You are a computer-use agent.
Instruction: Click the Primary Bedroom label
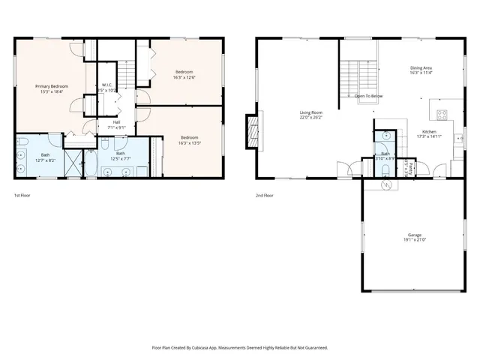pos(52,86)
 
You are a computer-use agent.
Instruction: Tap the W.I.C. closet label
pos(107,85)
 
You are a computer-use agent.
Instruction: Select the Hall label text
pos(116,122)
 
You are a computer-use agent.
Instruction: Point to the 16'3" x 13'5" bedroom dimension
pos(189,142)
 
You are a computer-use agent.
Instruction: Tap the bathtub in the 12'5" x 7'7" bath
pos(91,163)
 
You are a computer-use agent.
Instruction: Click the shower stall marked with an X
pos(73,161)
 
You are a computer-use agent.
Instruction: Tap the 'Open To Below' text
pos(369,96)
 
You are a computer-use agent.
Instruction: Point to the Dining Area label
pos(421,67)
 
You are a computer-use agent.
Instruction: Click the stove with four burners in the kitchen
pos(442,115)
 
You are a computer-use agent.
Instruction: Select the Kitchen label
pos(429,131)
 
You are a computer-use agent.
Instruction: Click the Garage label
pos(415,235)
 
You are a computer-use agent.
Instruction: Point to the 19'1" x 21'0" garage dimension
pos(415,241)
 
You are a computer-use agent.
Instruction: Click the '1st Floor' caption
pos(22,196)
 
